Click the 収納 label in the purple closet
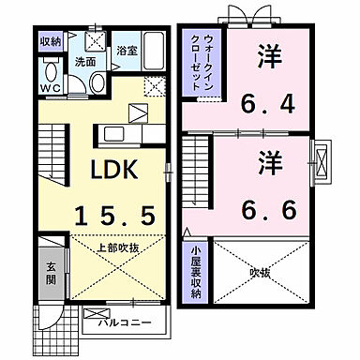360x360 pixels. click(x=50, y=42)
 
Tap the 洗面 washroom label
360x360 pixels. click(x=84, y=62)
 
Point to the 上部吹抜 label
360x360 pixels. click(x=119, y=248)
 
